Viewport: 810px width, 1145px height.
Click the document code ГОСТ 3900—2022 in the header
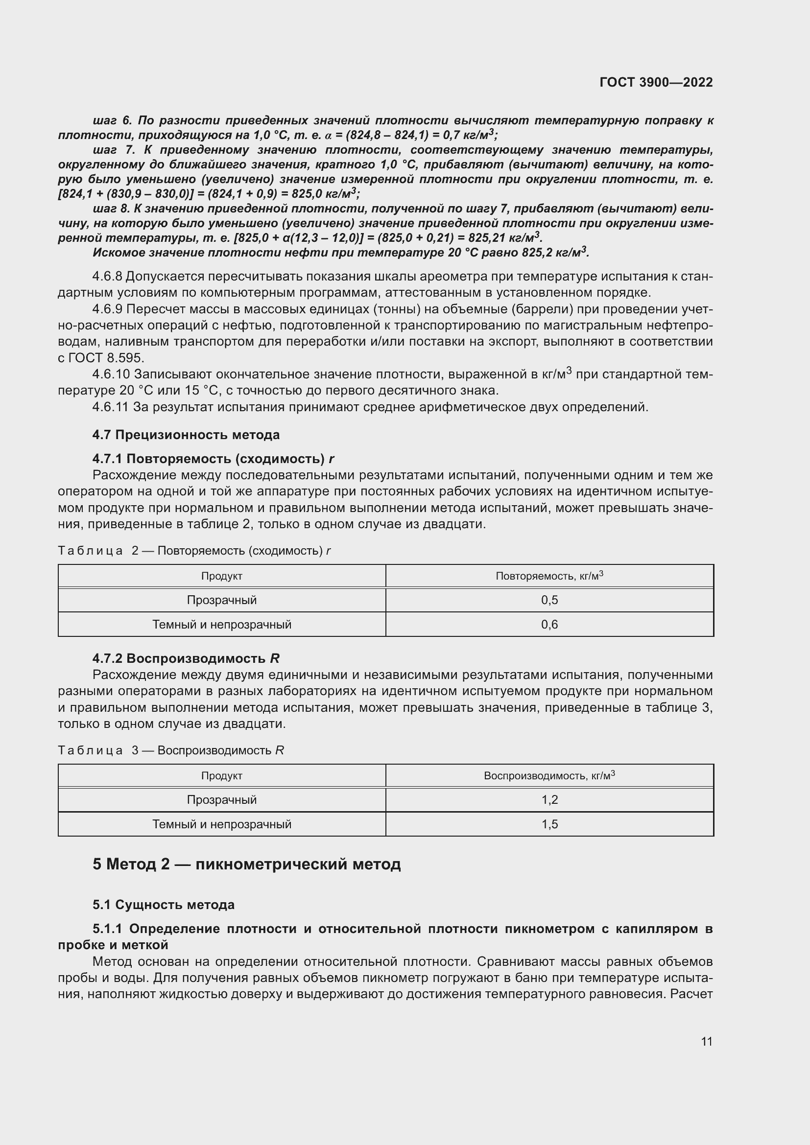tap(656, 82)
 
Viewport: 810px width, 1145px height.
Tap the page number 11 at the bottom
tap(706, 1041)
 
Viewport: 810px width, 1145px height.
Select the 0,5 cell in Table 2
tap(549, 600)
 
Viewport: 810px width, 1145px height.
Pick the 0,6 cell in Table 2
tap(549, 624)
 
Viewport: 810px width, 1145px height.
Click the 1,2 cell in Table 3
tap(549, 800)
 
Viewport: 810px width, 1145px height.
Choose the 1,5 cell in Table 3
tap(549, 824)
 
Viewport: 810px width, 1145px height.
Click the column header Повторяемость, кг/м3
tap(549, 576)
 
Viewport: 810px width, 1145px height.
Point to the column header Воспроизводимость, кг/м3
tap(549, 776)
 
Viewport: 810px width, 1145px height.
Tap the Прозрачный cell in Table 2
tap(221, 600)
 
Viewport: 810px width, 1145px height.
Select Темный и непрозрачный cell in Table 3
tap(221, 824)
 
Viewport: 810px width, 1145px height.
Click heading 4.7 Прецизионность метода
tap(186, 435)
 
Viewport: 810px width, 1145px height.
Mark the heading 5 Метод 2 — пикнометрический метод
tap(246, 864)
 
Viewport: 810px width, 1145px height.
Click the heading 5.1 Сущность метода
tap(163, 905)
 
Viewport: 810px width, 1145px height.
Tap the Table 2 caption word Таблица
tap(90, 551)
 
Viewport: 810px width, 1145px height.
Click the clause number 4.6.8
tap(107, 276)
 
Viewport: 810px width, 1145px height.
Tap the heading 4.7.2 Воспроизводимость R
tap(186, 658)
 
